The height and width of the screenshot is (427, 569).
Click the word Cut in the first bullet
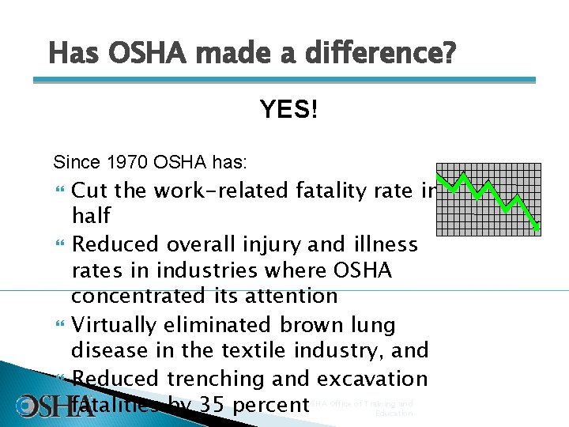point(90,191)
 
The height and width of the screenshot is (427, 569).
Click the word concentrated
point(141,297)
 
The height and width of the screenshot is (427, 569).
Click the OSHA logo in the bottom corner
point(47,406)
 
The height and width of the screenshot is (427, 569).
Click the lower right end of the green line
point(537,229)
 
